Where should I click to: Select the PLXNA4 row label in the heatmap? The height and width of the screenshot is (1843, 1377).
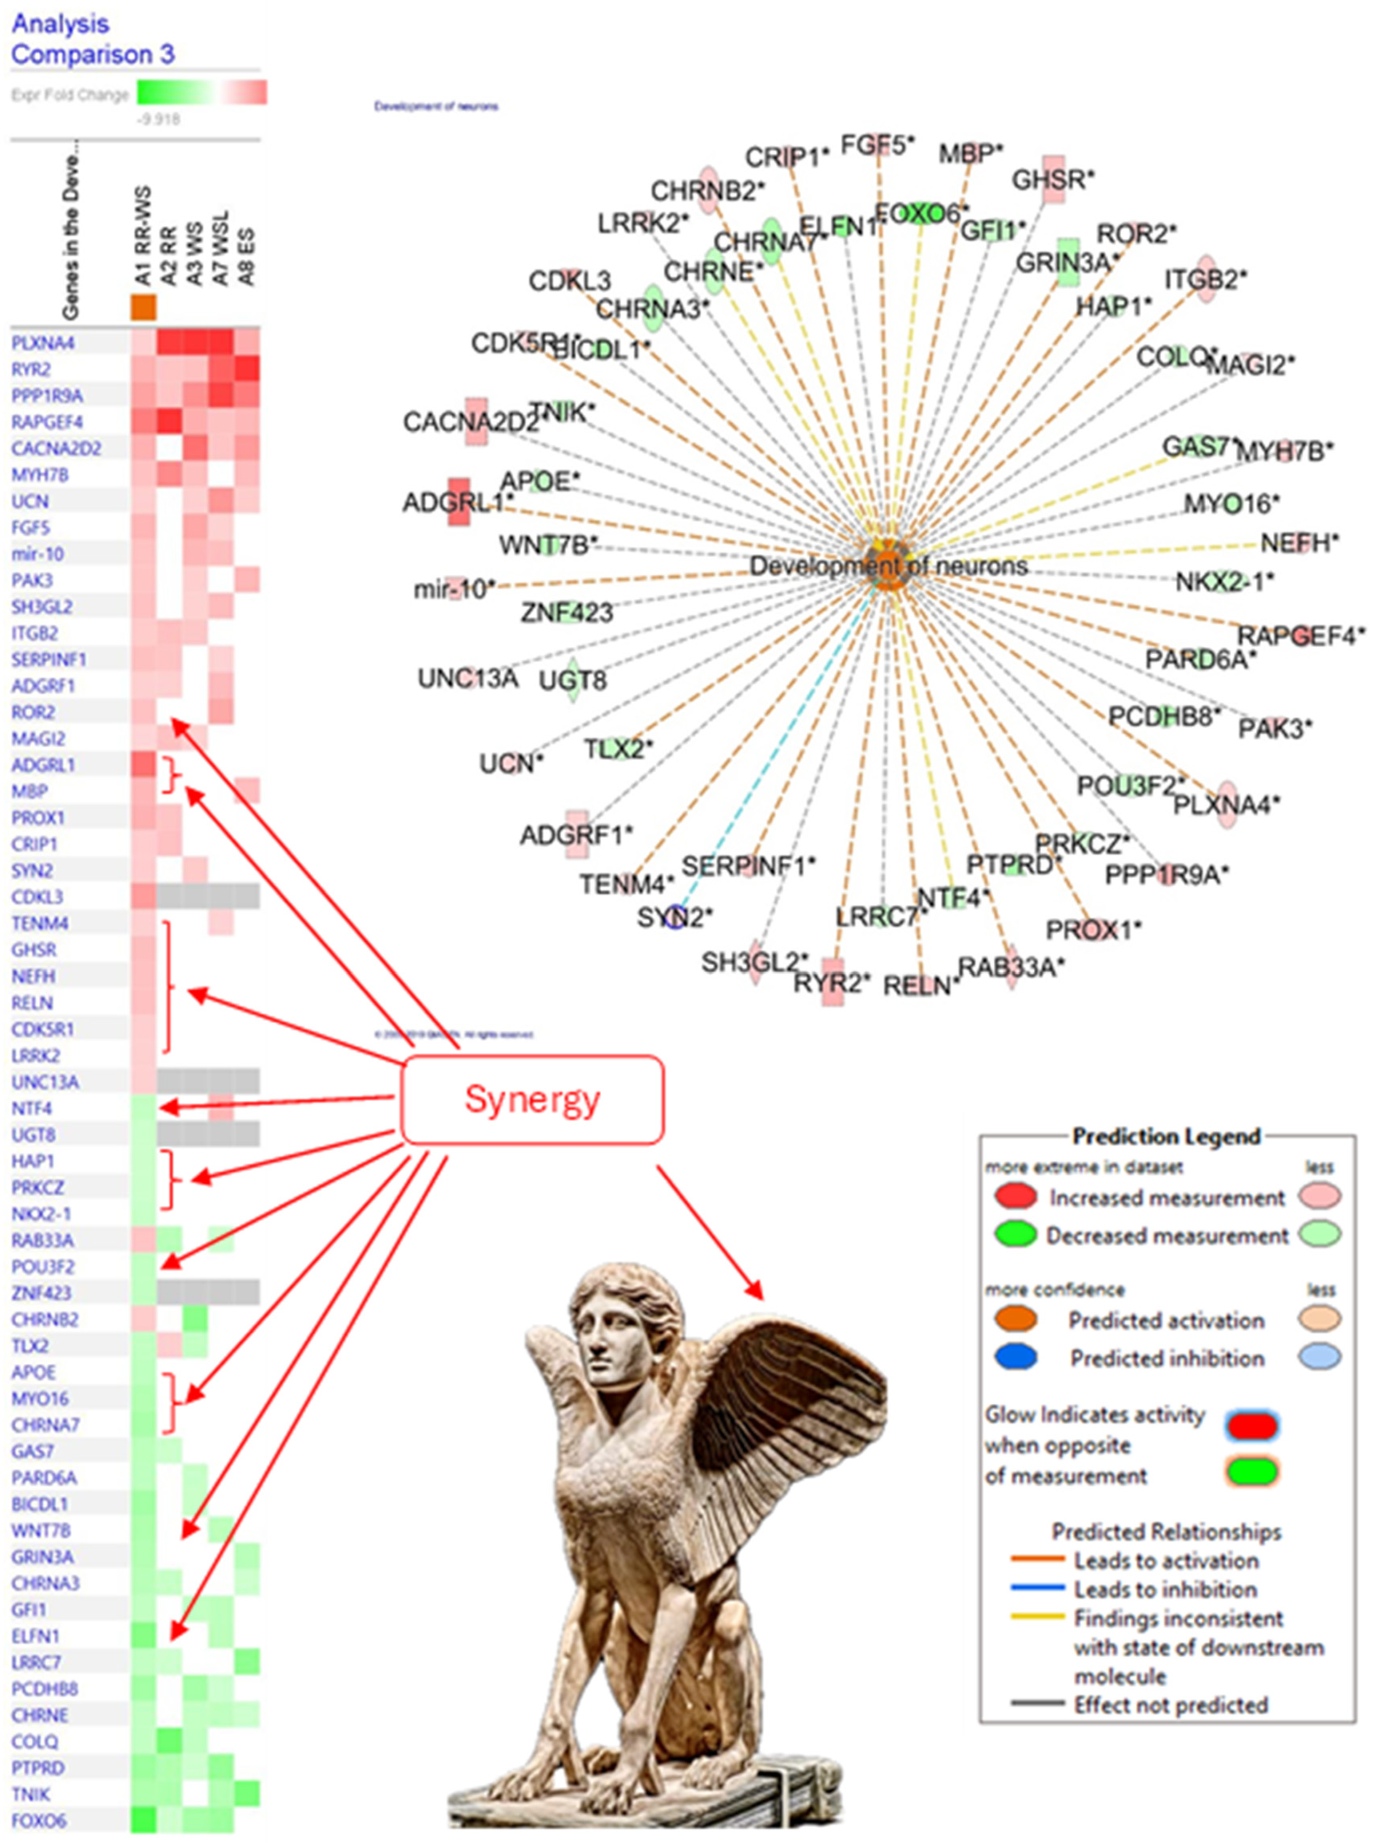click(x=42, y=343)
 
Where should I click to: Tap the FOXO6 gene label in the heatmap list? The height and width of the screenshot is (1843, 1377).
click(x=38, y=1821)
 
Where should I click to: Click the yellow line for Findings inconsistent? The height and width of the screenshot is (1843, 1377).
click(x=1037, y=1618)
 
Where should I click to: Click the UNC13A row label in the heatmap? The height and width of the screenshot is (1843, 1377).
click(x=45, y=1081)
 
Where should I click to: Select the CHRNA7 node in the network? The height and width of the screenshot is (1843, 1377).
click(x=772, y=242)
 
